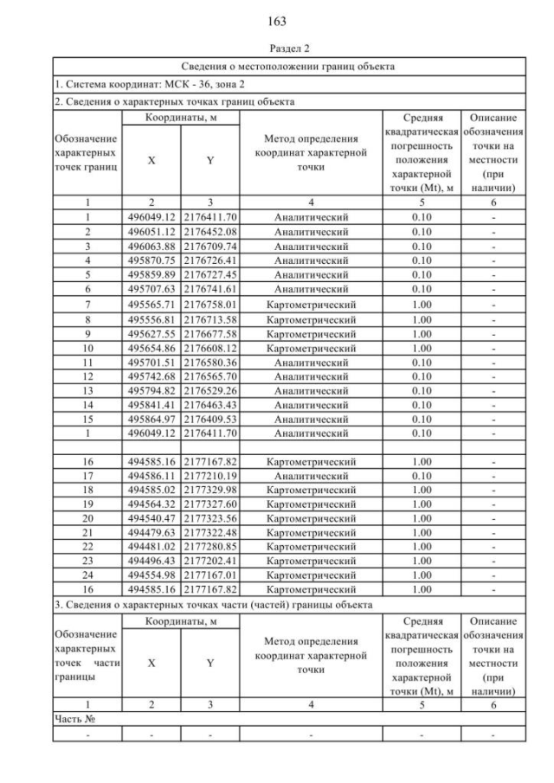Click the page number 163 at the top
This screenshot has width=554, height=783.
(x=277, y=22)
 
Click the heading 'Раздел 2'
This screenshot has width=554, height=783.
(x=277, y=48)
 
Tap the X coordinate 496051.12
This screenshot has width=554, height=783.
(x=151, y=232)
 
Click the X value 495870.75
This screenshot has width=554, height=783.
(x=151, y=260)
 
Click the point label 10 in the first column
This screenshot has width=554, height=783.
(x=87, y=347)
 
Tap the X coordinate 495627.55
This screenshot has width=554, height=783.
(x=151, y=333)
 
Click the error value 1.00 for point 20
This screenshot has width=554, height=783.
(x=422, y=518)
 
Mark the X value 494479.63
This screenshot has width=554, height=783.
(x=151, y=532)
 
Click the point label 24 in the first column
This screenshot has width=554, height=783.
(x=87, y=574)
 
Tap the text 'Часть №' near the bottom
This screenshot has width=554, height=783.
(x=74, y=719)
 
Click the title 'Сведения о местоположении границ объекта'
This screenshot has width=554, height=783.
(x=288, y=66)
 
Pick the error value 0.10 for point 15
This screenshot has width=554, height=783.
(x=422, y=418)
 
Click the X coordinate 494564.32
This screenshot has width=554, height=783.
(x=151, y=504)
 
